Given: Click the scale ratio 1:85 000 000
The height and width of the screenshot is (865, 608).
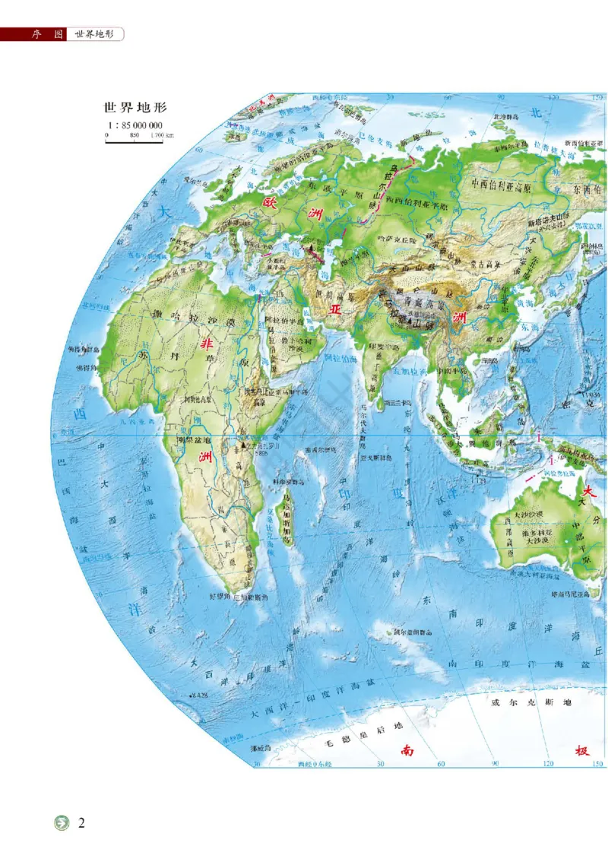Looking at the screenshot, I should tap(135, 125).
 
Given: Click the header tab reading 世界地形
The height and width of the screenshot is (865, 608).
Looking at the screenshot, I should tap(95, 35).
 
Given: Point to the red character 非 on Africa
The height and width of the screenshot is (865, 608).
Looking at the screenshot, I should tap(206, 344).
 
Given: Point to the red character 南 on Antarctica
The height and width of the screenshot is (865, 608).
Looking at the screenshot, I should tap(408, 751).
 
